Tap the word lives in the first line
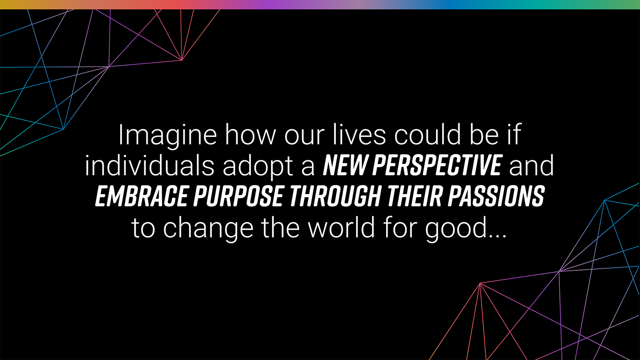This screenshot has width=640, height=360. (359, 134)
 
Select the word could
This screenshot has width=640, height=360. (428, 134)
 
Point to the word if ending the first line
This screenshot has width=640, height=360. (514, 134)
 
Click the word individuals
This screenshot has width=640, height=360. (149, 165)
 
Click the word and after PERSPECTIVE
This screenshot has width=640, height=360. (532, 165)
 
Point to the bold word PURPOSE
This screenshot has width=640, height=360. (238, 196)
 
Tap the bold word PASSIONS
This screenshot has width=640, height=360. (497, 196)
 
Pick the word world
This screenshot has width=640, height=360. (341, 227)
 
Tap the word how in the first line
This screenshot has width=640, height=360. (250, 134)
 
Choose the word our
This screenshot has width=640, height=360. (305, 138)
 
